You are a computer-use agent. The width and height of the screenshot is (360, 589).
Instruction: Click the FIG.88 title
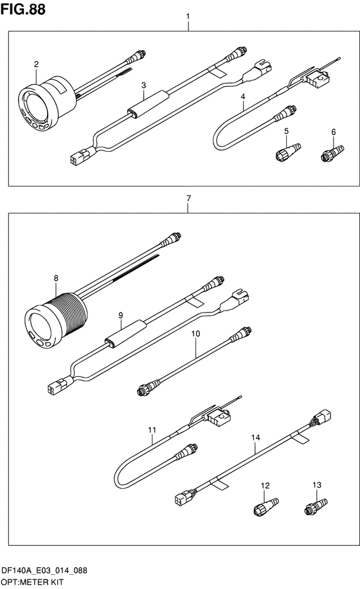pos(23,9)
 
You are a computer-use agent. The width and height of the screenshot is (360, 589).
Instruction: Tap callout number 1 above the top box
pos(188,16)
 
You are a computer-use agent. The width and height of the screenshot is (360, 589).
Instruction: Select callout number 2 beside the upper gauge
pos(36,64)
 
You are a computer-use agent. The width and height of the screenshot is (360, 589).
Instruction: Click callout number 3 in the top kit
pos(143,86)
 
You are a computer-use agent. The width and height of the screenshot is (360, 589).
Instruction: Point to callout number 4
pos(243,96)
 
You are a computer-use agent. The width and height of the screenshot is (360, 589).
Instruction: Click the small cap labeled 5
pos(288,152)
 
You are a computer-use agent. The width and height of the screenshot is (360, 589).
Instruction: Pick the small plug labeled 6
pos(332,153)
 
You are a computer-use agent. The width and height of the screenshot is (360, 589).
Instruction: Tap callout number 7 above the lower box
pos(188,198)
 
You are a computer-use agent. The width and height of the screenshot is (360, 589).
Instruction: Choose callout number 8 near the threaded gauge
pos(56,278)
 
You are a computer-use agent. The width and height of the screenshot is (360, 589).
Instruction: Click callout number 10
pos(195,334)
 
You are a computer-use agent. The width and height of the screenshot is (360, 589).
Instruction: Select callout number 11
pos(152,430)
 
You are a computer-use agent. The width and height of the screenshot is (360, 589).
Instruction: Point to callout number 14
pos(256,437)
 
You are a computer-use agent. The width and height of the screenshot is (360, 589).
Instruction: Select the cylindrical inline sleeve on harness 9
pos(125,332)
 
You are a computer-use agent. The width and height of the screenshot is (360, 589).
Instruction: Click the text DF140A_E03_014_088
pos(44,570)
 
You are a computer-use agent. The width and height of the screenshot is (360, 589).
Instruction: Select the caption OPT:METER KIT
pos(32,582)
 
